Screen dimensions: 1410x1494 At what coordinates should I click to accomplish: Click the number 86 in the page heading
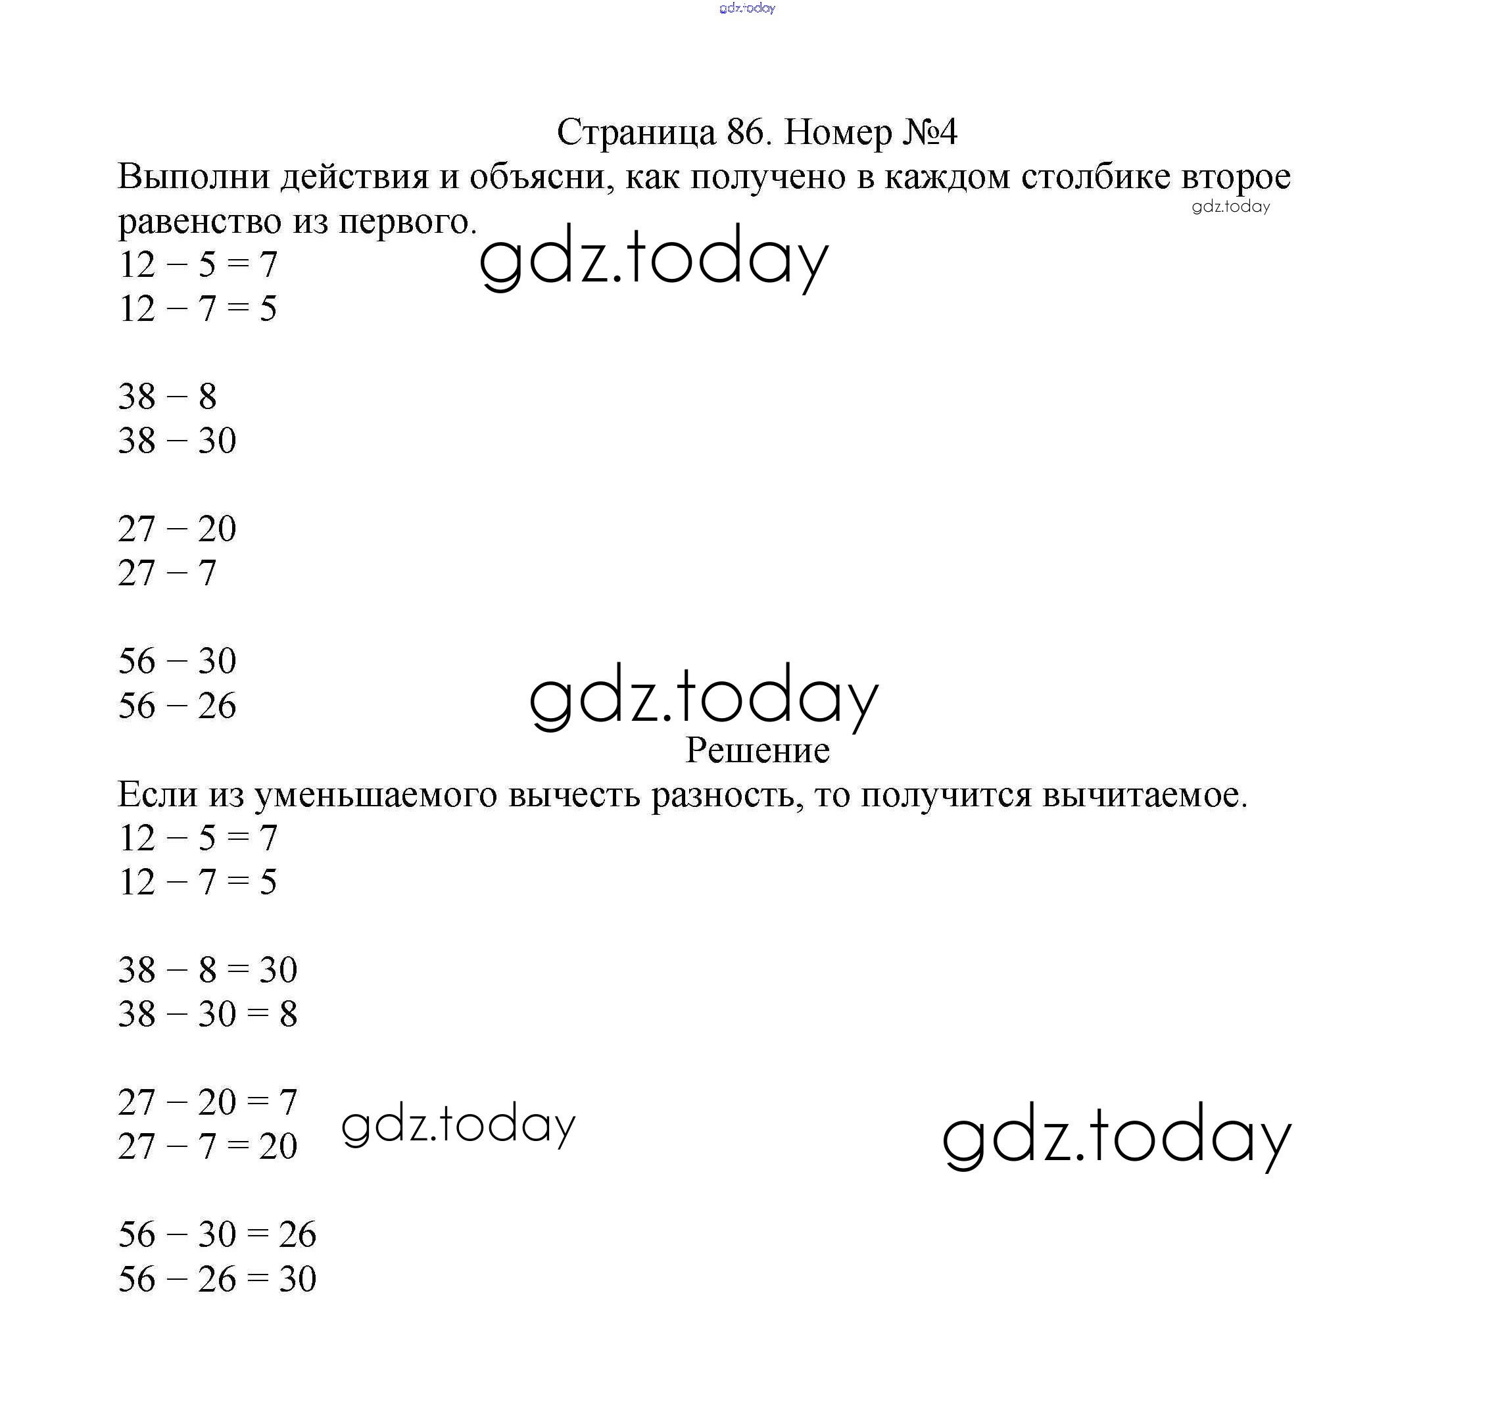point(745,132)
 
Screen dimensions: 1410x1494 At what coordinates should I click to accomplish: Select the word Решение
point(757,750)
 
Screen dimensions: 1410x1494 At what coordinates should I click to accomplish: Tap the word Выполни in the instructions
point(194,178)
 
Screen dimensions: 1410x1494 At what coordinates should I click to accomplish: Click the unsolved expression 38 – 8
point(167,397)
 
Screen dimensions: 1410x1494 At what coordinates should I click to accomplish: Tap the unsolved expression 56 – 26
point(177,706)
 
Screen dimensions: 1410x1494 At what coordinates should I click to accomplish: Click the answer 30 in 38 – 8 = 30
point(278,970)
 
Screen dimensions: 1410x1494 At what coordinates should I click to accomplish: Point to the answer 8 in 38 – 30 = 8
point(289,1015)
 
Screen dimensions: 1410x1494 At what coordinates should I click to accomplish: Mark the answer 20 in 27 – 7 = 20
point(278,1147)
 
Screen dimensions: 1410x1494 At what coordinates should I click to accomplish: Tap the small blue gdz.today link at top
point(746,9)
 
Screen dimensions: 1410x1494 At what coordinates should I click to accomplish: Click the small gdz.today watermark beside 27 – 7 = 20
point(458,1126)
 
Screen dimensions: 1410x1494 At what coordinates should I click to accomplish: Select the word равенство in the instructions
point(200,221)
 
